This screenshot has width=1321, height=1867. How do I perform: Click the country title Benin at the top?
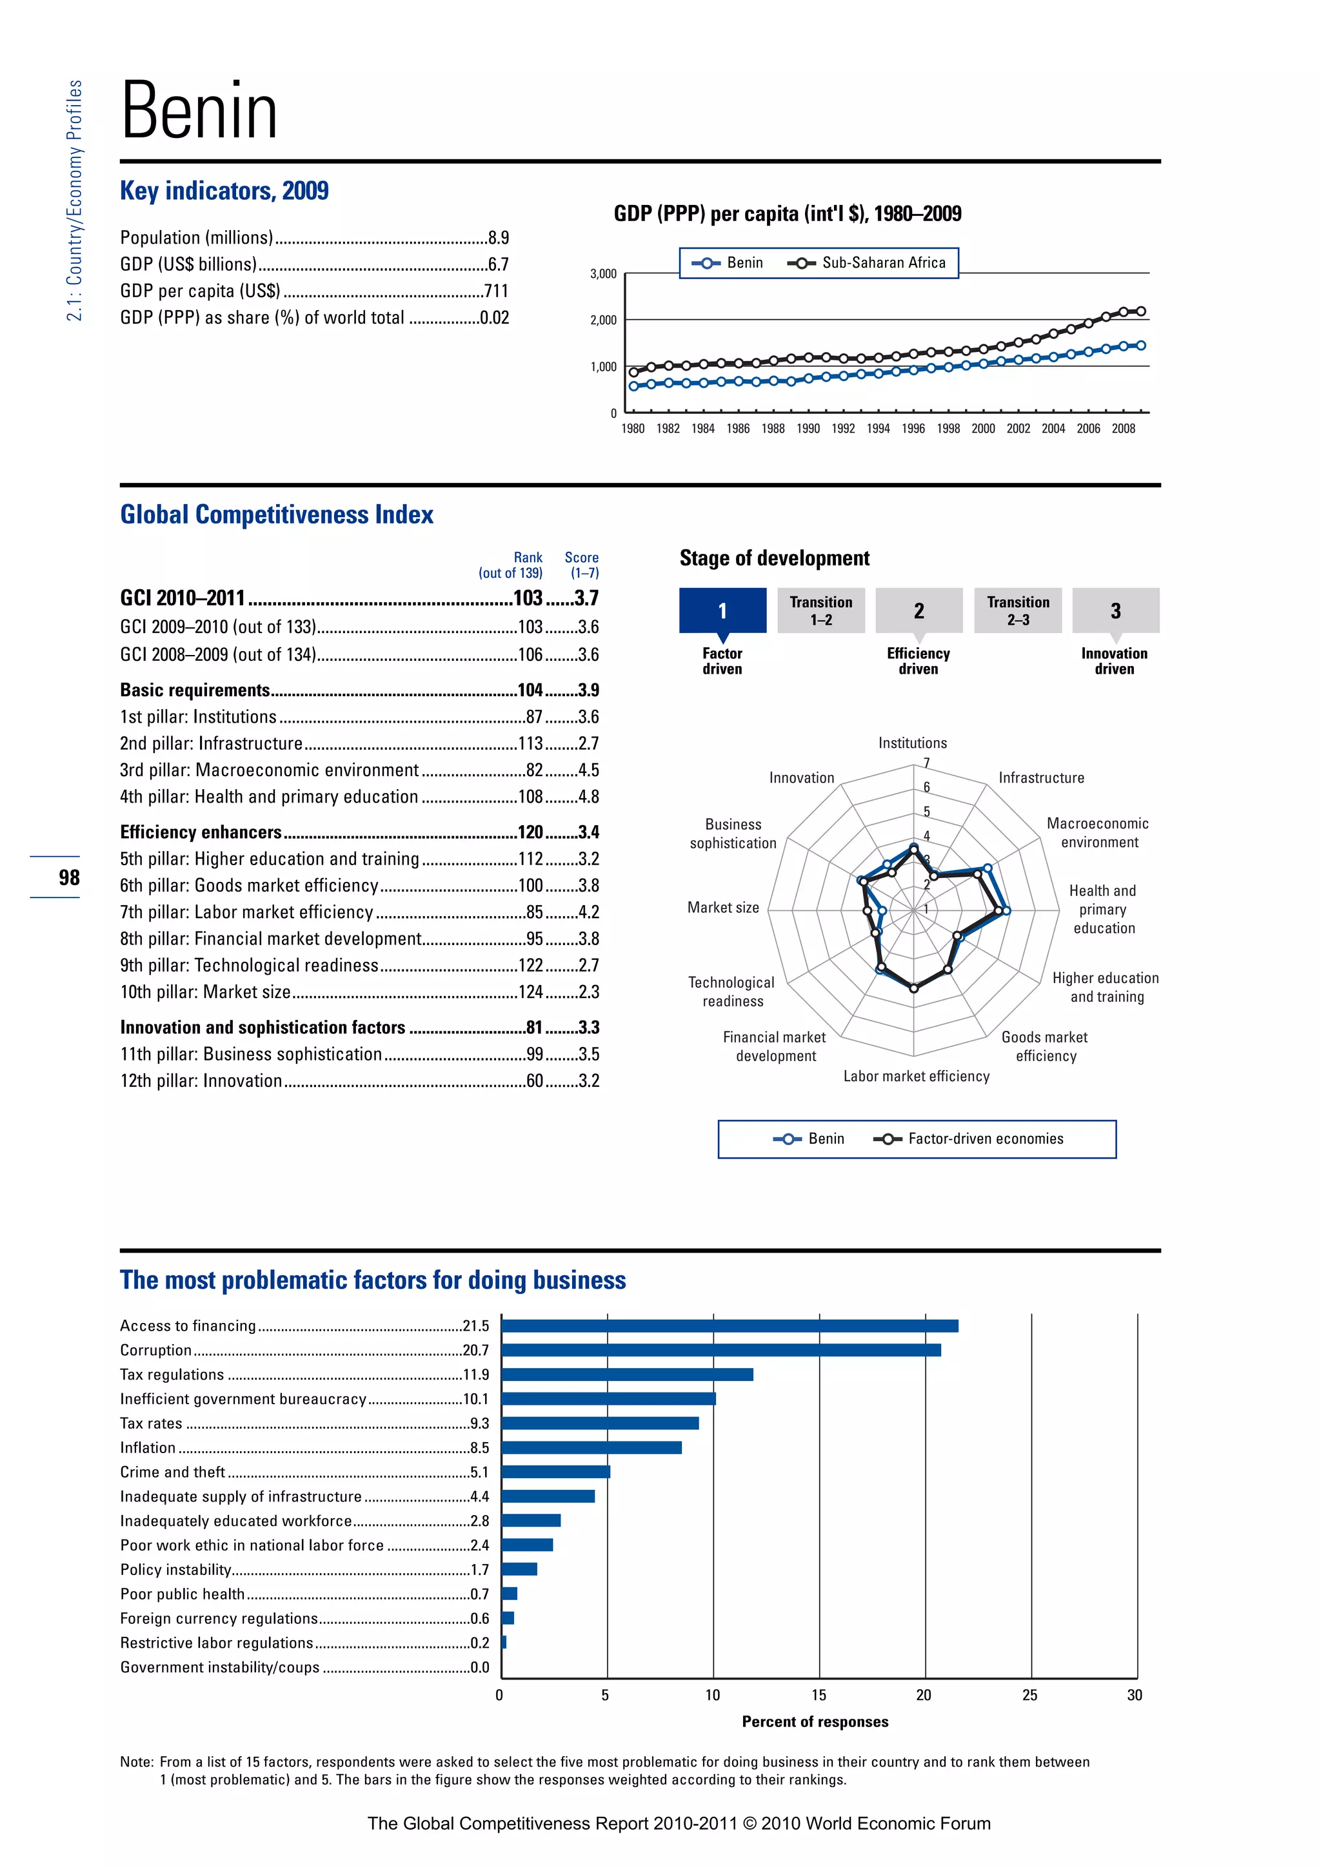pyautogui.click(x=199, y=112)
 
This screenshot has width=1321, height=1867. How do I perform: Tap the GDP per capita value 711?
pyautogui.click(x=496, y=291)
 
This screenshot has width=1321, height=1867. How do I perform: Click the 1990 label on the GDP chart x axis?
pyautogui.click(x=808, y=429)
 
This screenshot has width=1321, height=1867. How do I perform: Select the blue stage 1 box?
pyautogui.click(x=722, y=610)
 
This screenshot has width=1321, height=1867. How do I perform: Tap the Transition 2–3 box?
pyautogui.click(x=1018, y=610)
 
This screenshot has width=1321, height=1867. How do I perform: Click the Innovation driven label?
pyautogui.click(x=1113, y=661)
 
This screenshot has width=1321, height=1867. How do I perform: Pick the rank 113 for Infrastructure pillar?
pyautogui.click(x=530, y=743)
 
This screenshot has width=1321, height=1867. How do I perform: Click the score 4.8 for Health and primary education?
pyautogui.click(x=588, y=797)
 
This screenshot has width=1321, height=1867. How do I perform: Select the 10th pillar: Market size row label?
pyautogui.click(x=205, y=992)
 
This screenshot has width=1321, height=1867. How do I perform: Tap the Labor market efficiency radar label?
pyautogui.click(x=916, y=1076)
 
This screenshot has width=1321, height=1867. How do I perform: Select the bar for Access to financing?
pyautogui.click(x=730, y=1325)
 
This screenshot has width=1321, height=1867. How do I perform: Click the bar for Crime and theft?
pyautogui.click(x=555, y=1472)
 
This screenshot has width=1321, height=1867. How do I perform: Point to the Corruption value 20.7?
pyautogui.click(x=476, y=1350)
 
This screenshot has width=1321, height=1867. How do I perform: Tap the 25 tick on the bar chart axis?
pyautogui.click(x=1030, y=1695)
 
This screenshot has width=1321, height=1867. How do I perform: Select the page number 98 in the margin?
pyautogui.click(x=69, y=877)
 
